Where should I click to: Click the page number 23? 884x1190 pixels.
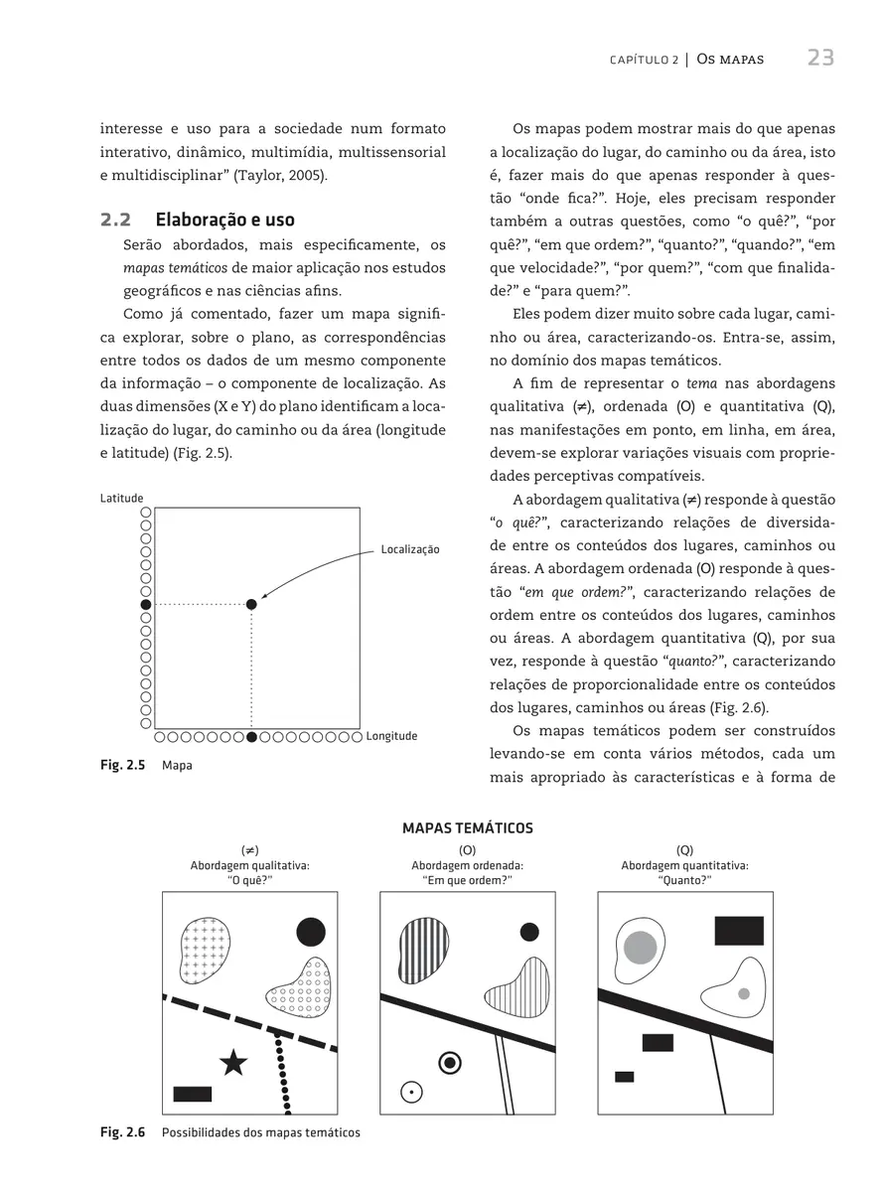point(819,58)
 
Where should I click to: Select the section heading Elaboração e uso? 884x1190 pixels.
point(224,220)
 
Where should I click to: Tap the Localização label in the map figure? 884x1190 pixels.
point(410,548)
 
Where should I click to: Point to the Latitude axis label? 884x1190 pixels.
point(121,498)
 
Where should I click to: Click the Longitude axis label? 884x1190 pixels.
point(391,736)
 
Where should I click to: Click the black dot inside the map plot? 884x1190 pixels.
point(251,604)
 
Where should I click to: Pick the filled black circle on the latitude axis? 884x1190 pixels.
point(146,604)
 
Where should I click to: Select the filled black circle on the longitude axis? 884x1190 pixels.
point(251,737)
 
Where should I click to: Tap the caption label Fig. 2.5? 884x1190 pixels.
point(122,766)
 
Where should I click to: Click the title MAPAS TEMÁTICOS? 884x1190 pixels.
point(467,827)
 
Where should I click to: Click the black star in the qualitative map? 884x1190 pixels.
point(233,1063)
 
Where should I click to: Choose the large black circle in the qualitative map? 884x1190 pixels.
point(311,932)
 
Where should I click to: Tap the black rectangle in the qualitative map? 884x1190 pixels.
point(193,1094)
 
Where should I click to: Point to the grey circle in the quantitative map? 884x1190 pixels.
point(641,946)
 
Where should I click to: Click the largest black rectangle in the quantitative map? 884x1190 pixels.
point(739,931)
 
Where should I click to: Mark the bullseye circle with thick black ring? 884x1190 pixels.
point(451,1063)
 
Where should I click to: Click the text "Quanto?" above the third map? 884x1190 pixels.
point(685,879)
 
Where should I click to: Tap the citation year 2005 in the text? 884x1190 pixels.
point(305,175)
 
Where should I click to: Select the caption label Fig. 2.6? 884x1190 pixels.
point(122,1132)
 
